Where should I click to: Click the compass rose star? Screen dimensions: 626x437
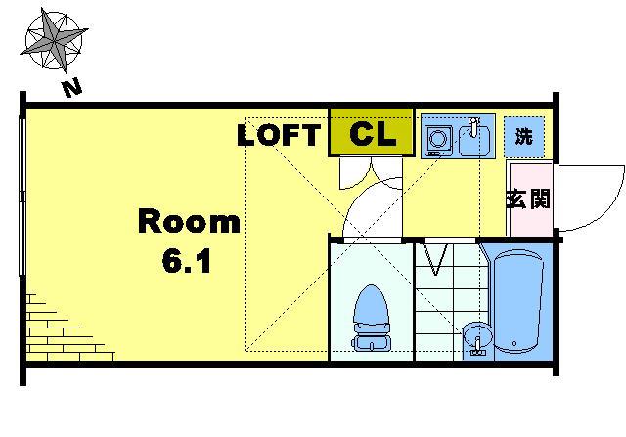[54, 40]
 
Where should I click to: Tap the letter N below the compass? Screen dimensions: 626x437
[72, 89]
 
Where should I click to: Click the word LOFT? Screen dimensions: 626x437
[279, 135]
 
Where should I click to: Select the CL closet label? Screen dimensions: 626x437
[373, 134]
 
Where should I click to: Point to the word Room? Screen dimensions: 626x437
[189, 222]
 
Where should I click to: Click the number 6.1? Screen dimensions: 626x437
[187, 261]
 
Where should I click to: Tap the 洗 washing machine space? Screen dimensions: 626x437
[524, 137]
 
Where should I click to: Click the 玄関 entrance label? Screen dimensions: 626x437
[528, 198]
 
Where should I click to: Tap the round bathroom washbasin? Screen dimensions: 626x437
[476, 336]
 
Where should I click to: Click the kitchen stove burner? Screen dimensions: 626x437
[438, 139]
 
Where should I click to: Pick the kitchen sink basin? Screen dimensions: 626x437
[473, 141]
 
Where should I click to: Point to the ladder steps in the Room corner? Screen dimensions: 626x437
[64, 330]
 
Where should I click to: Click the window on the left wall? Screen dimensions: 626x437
[22, 195]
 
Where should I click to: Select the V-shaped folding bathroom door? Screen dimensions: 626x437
[434, 259]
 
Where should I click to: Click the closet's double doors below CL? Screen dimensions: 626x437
[371, 173]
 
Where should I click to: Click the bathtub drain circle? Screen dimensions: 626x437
[514, 343]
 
